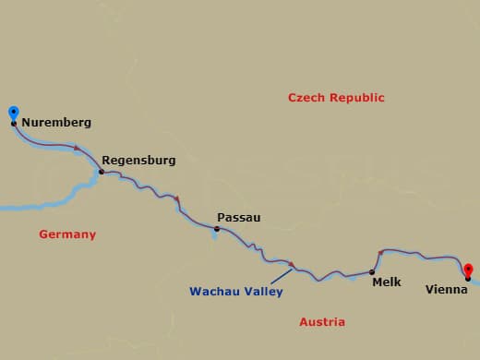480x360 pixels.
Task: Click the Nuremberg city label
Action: point(55,122)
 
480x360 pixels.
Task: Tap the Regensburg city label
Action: point(138,160)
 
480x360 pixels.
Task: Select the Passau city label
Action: point(238,218)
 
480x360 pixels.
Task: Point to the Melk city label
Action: point(387,282)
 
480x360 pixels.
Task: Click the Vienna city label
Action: point(446,289)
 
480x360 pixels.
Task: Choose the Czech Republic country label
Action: point(336,97)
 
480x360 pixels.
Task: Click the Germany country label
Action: point(67,234)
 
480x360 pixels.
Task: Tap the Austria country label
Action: point(322,322)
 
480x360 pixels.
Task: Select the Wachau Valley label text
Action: point(235,292)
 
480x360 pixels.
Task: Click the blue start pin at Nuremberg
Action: point(13,114)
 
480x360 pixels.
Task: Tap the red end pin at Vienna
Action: point(468,269)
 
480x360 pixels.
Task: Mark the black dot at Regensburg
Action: point(101,172)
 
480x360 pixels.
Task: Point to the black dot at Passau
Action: point(217,229)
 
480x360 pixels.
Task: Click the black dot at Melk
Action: point(372,272)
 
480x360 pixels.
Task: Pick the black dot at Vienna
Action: point(468,278)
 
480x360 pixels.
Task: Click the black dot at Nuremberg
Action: point(13,123)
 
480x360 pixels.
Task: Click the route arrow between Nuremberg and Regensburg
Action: point(78,148)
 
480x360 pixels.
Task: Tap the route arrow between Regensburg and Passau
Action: point(176,198)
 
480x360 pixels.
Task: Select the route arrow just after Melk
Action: point(381,252)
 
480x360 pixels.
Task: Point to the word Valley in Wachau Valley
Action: point(261,292)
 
